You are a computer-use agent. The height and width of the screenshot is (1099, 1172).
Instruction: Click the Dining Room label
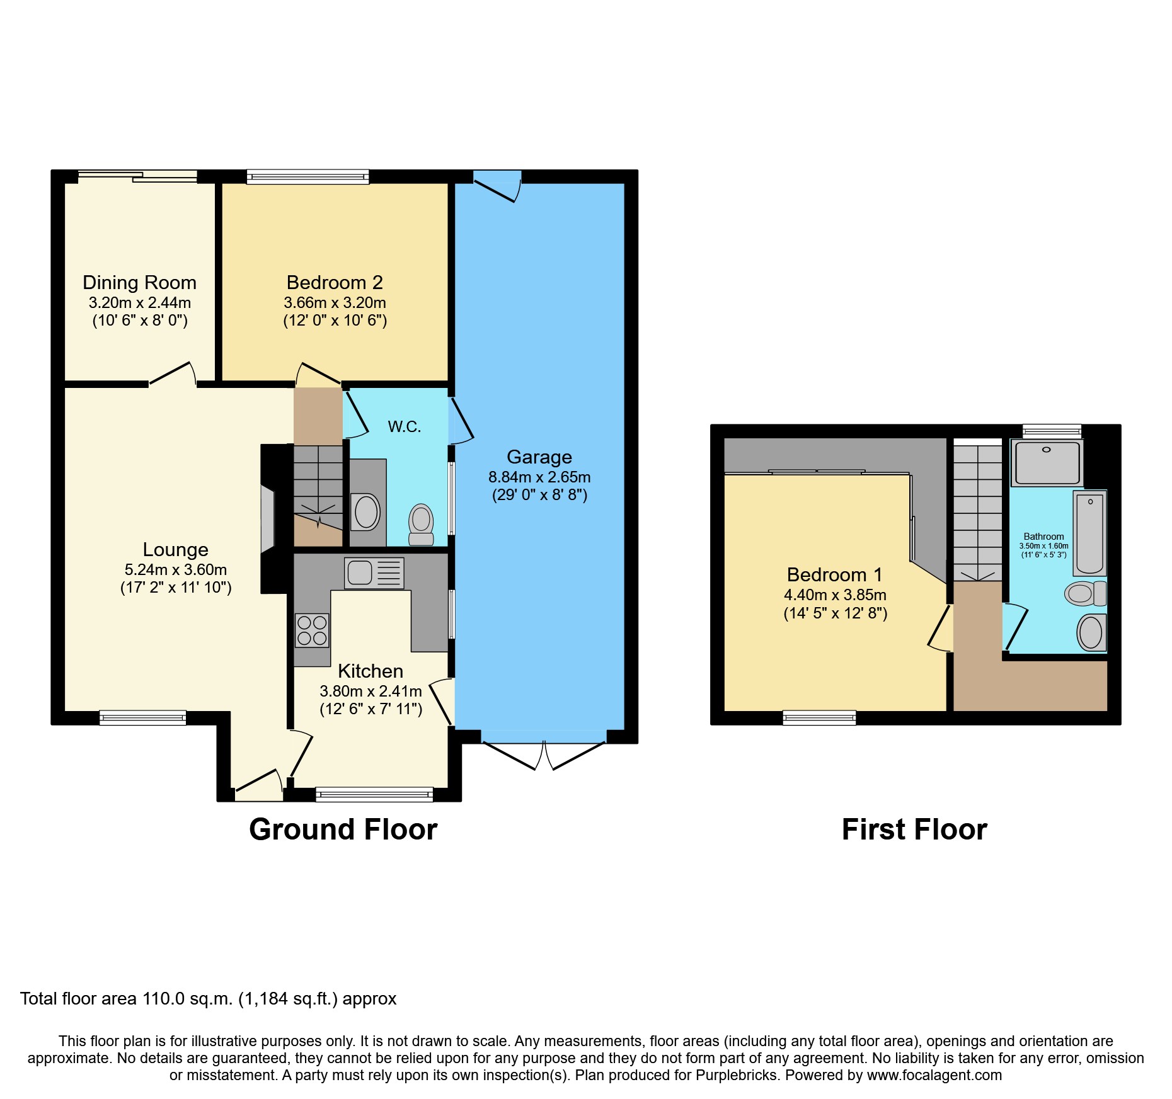point(139,283)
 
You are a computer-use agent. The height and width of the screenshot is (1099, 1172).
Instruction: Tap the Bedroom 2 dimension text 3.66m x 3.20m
point(335,303)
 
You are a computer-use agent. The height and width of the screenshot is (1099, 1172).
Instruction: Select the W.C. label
point(404,427)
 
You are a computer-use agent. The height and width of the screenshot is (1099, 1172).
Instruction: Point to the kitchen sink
point(374,573)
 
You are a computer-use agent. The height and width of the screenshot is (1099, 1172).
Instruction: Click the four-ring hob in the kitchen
point(312,630)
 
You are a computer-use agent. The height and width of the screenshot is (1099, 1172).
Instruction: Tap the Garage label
point(539,457)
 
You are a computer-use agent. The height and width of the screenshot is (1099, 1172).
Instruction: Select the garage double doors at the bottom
point(543,753)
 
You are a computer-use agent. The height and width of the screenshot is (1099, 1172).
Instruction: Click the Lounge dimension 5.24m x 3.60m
point(175,570)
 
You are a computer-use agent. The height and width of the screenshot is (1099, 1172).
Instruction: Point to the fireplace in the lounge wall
point(268,518)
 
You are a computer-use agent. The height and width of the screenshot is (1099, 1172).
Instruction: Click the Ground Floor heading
point(343,829)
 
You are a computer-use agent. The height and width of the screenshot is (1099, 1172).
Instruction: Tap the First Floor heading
point(914,829)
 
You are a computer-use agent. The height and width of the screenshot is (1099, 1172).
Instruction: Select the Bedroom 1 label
point(834,575)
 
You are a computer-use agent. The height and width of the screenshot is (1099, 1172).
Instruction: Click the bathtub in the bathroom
point(1089,533)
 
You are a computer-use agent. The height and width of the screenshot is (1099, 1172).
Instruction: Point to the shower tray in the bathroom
point(1047,462)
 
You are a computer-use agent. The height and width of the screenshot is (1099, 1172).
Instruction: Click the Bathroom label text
point(1043,537)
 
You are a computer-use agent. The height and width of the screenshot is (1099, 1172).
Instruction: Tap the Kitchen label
point(370,671)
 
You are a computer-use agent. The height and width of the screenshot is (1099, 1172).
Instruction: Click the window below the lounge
point(142,717)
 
